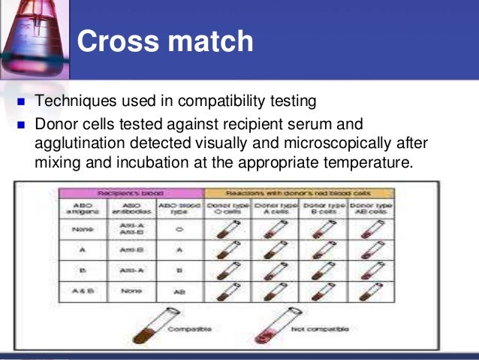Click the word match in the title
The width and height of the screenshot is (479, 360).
(x=206, y=42)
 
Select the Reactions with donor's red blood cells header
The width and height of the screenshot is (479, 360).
(x=299, y=193)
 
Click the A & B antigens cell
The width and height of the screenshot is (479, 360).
(x=82, y=289)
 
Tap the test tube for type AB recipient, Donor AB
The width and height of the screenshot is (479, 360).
(x=371, y=289)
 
